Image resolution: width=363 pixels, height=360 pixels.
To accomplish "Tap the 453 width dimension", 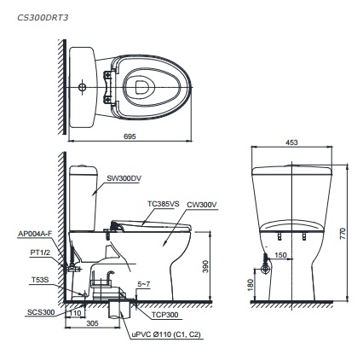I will click(291, 142).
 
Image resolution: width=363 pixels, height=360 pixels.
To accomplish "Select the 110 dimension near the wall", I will click(77, 312).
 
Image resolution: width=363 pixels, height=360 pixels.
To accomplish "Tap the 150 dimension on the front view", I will click(280, 254).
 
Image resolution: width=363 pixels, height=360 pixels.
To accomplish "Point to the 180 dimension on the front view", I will click(250, 284).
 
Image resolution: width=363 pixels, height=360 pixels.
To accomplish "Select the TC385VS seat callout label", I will click(163, 204).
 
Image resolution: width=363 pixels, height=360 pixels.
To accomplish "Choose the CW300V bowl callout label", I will click(202, 205).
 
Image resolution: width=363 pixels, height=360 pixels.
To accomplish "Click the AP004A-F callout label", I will click(36, 233).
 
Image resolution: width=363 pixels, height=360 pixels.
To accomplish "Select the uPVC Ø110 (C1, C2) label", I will click(164, 335).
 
